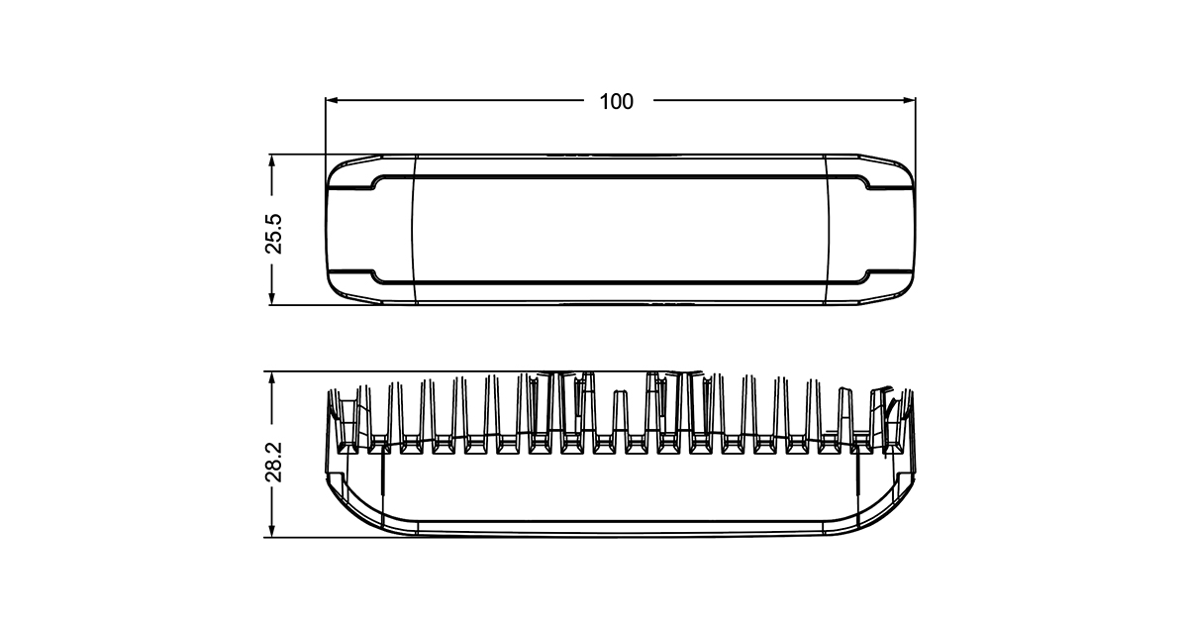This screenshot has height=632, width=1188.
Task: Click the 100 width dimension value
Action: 616,101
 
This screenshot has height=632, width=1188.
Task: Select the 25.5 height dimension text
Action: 274,234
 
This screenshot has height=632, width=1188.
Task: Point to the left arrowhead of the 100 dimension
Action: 332,100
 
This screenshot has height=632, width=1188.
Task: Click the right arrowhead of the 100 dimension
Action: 909,100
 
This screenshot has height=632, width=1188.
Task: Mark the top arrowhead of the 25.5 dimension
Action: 272,160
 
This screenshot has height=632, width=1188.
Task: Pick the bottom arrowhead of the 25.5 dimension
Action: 272,298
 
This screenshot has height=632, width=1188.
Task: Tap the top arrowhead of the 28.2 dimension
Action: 272,377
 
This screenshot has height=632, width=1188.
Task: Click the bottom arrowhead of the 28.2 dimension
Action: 272,531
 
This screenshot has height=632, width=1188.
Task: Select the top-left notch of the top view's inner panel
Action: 374,182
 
